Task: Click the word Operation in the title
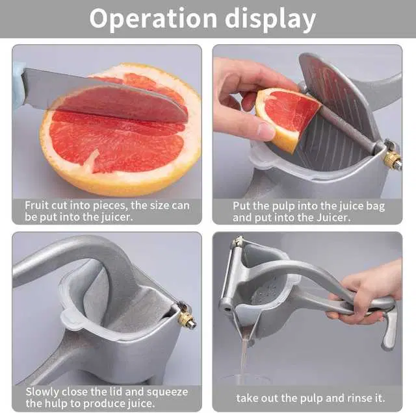(x=153, y=19)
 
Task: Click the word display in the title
(x=270, y=19)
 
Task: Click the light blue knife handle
(x=18, y=85)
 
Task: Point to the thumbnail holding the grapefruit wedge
(x=266, y=131)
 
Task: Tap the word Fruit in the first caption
(x=37, y=205)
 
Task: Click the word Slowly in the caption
(x=42, y=392)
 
